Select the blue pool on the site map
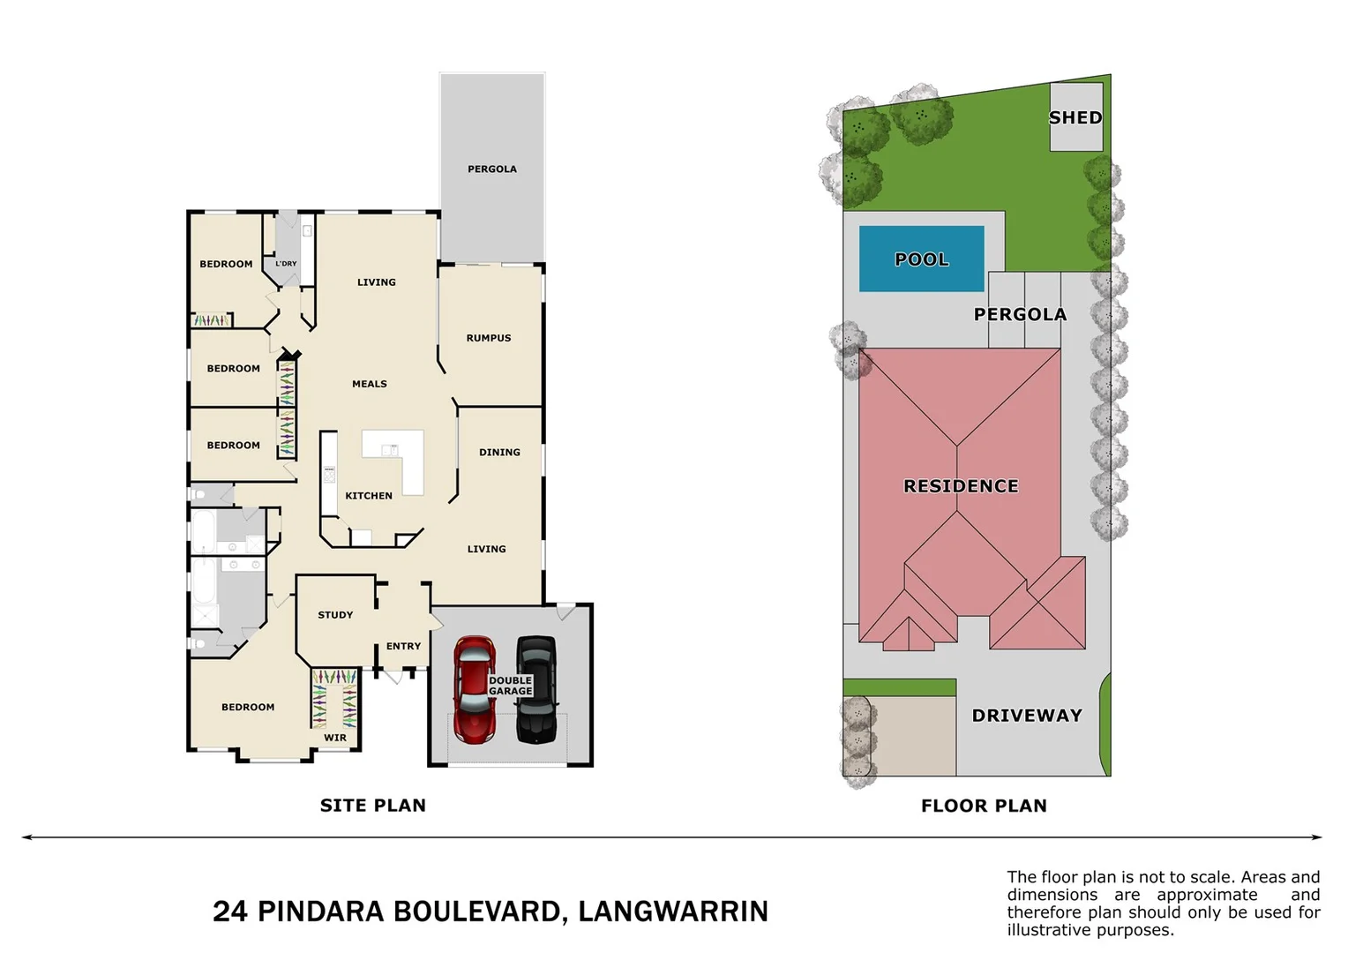921,259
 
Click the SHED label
1075,117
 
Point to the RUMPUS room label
489,338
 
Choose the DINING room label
499,452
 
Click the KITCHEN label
369,496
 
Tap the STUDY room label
335,615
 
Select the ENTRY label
403,646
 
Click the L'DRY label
286,264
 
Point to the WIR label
335,738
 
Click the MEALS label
370,384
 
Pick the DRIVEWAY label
1027,716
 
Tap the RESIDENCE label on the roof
961,486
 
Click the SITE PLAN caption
373,805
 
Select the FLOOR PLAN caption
984,806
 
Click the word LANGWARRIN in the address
673,912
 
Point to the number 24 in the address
230,912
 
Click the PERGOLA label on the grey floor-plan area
492,169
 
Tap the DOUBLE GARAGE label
511,686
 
